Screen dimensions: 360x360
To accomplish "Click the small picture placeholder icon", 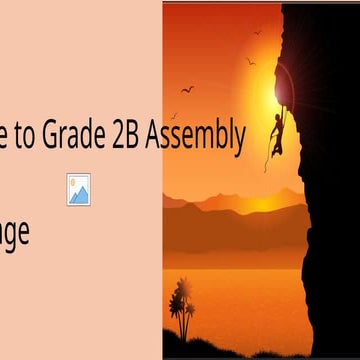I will (x=79, y=188).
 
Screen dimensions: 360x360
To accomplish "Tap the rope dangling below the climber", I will (x=268, y=155).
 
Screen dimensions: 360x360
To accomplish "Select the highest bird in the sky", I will (x=257, y=32).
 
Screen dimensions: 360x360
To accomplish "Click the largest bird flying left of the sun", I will (x=187, y=89).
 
